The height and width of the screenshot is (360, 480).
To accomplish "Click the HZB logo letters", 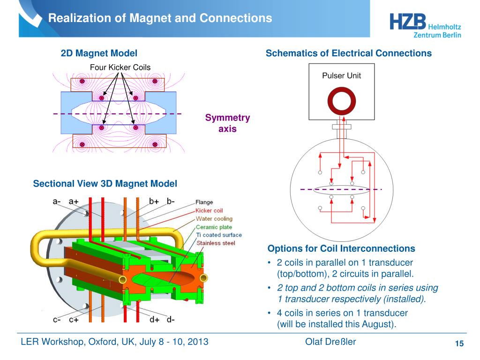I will [408, 23].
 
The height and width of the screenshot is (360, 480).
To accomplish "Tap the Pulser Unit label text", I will [341, 75].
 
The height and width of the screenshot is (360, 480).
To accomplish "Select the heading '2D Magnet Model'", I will [99, 53].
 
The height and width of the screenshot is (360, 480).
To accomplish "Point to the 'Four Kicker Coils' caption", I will [120, 67].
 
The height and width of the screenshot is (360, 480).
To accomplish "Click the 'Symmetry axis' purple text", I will [227, 123].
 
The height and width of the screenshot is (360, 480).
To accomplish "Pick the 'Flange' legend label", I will [204, 202].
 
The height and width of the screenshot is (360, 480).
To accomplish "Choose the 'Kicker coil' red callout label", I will [209, 210].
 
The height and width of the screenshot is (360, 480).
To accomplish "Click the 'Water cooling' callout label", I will [214, 218].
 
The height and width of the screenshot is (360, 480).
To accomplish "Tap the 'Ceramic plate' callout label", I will [214, 227].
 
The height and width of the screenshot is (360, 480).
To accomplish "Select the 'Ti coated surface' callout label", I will [219, 235].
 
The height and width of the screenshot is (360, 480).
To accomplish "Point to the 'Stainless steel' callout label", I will [216, 243].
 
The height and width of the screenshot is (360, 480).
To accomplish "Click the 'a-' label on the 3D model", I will [57, 202].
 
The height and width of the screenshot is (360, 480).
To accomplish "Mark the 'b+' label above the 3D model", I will [154, 202].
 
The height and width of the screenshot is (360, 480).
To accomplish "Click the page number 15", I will [459, 345].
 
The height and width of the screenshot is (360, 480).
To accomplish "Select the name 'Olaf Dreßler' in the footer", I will [330, 342].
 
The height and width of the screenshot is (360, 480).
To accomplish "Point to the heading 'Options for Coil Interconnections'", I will [341, 248].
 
